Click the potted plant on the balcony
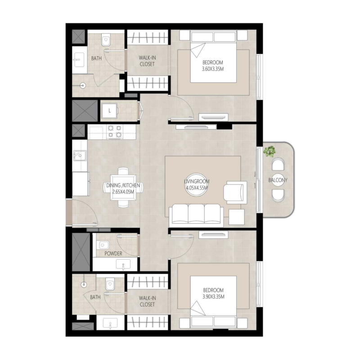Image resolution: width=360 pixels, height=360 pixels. [x=270, y=151]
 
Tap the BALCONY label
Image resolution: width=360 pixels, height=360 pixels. [x=278, y=180]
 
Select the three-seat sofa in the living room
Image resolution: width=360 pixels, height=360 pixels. [x=195, y=215]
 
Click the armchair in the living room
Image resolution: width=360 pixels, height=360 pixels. [x=235, y=191]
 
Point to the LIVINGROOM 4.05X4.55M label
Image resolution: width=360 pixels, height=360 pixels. [x=196, y=184]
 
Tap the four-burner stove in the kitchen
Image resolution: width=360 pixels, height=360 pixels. [x=114, y=131]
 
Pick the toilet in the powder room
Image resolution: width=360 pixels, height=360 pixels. [x=103, y=246]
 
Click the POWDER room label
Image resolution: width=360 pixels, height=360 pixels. [x=113, y=254]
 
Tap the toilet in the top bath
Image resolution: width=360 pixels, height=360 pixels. [x=106, y=40]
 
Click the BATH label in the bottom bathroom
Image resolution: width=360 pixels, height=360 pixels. [x=95, y=297]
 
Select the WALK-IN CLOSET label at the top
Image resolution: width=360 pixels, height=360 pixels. [x=147, y=61]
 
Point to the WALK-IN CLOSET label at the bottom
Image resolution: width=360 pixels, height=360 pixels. [x=147, y=301]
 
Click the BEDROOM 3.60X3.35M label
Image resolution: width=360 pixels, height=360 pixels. [x=213, y=66]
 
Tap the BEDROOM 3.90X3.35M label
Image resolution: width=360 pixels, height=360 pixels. [x=213, y=293]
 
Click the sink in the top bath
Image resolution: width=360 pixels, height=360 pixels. [x=79, y=58]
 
